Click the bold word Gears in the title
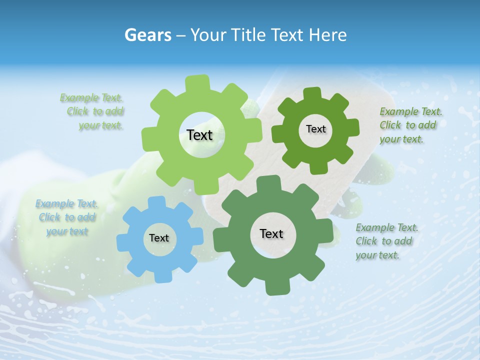point(148,35)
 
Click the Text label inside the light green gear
point(199,135)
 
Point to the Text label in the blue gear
point(159,238)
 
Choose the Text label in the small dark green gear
point(315,129)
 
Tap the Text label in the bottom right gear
point(271,233)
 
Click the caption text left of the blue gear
point(66,217)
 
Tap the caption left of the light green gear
point(92,111)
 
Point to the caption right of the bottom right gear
point(386,241)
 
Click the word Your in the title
point(208,35)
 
